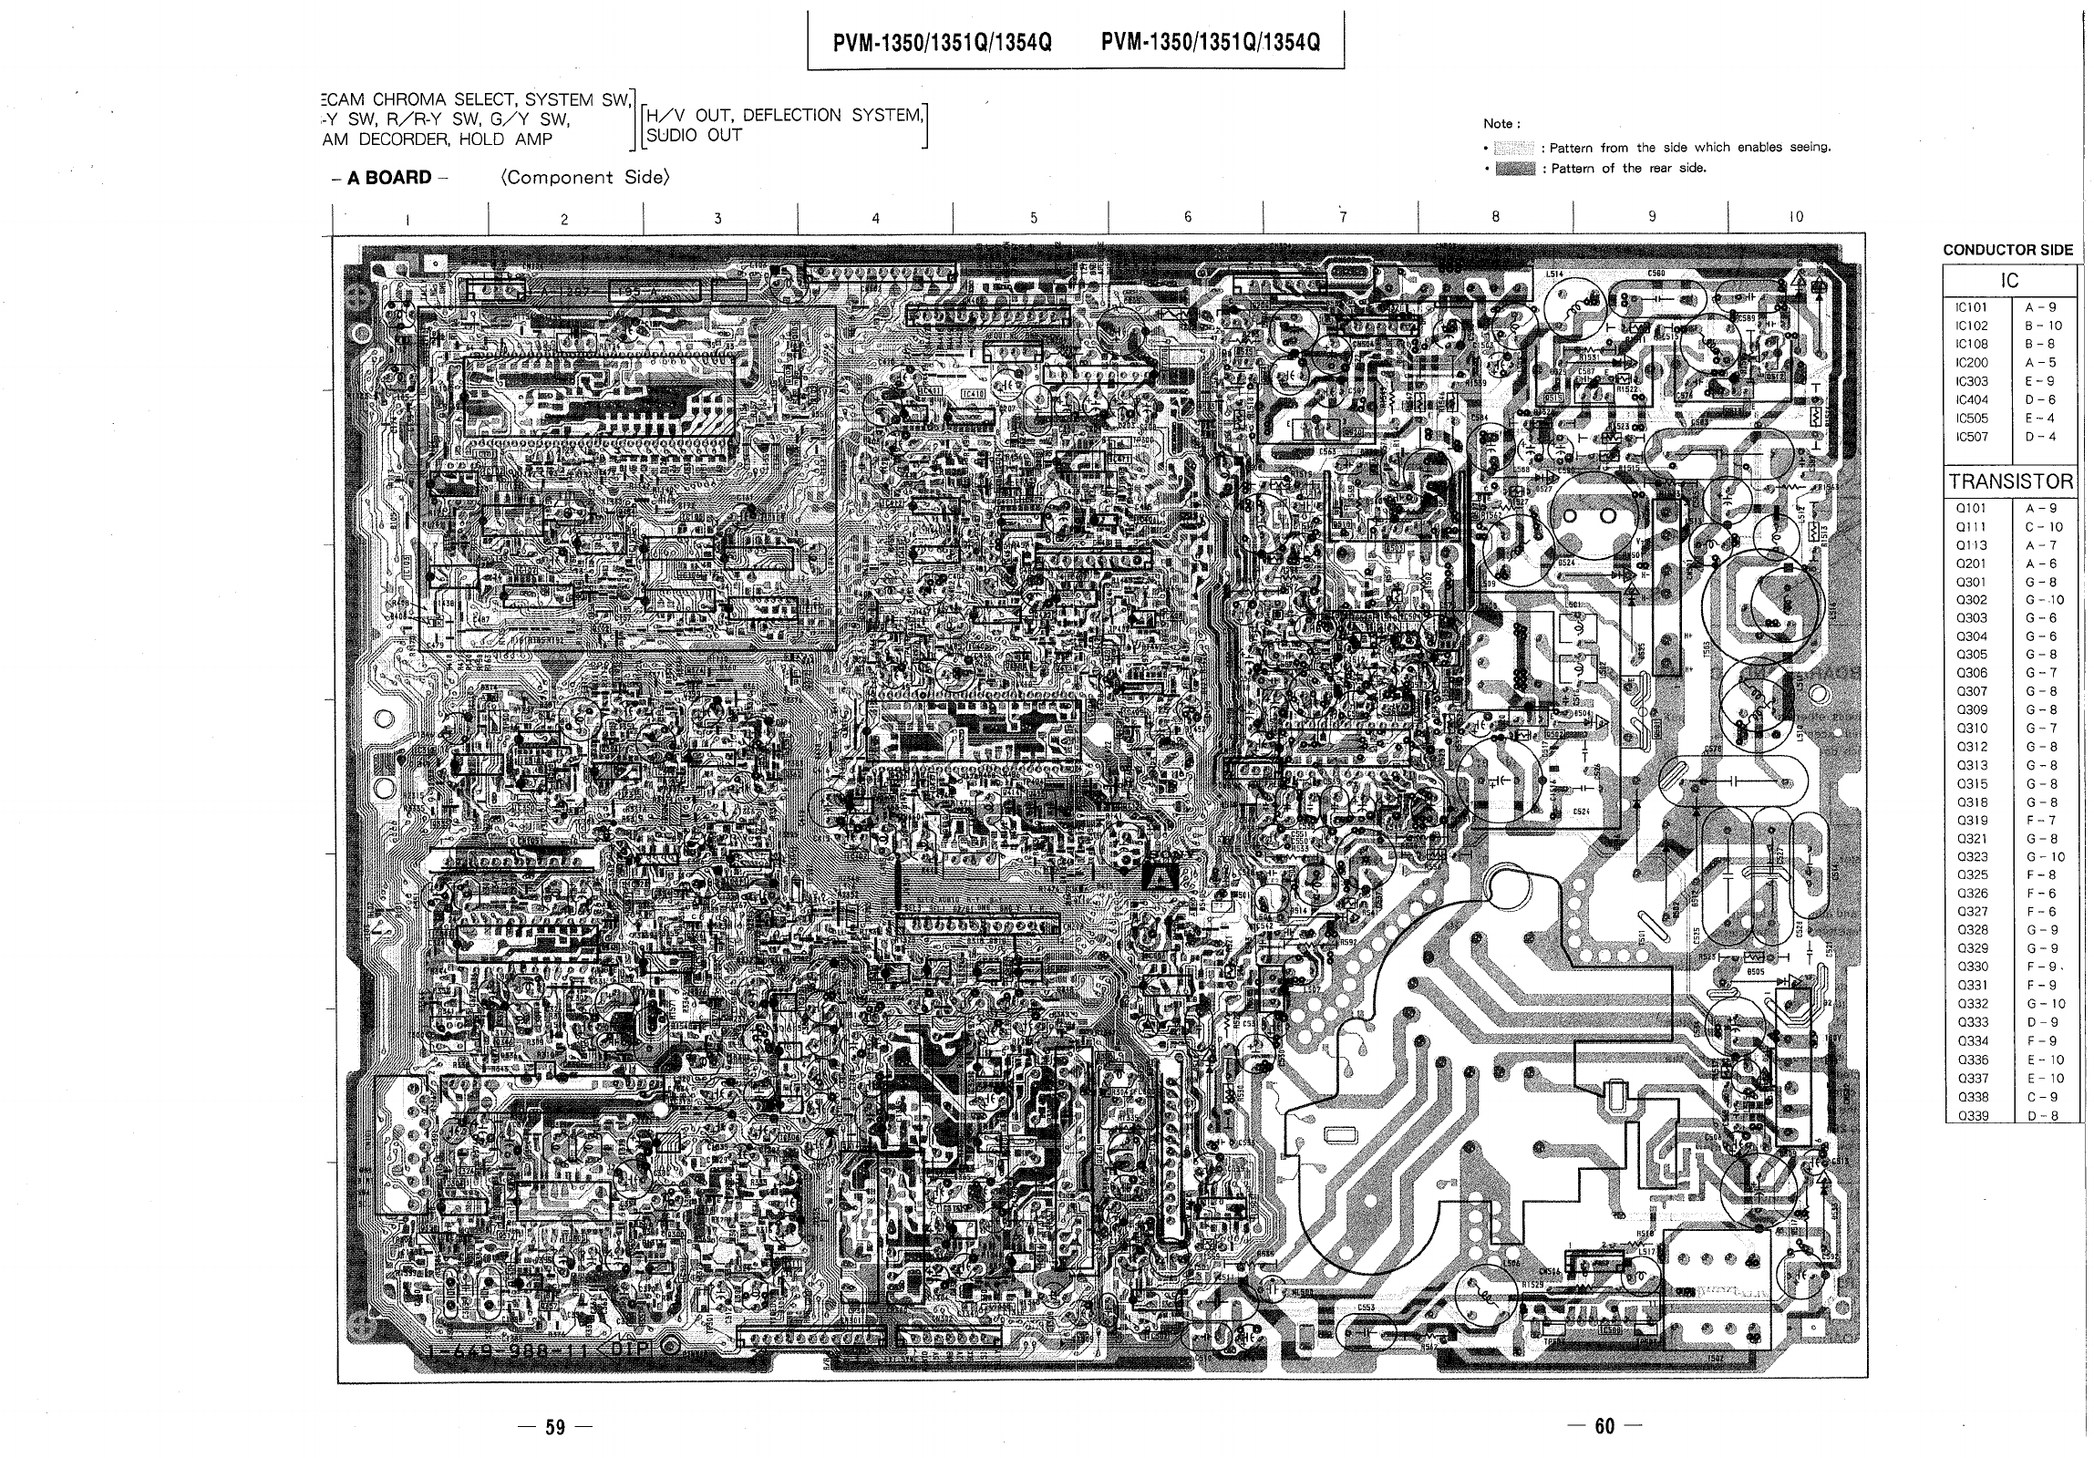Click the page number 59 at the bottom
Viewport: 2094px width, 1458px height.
point(554,1427)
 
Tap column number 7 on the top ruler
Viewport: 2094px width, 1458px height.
point(1343,217)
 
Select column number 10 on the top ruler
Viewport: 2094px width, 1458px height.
point(1795,217)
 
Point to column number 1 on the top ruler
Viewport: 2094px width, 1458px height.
point(407,219)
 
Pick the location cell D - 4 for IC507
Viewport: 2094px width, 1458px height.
point(2040,437)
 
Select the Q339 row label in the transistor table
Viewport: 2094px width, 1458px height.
point(1973,1115)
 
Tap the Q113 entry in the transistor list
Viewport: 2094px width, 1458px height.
point(1972,545)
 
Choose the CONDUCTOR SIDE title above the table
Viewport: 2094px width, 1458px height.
point(2007,250)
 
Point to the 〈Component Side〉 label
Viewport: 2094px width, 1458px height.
point(584,178)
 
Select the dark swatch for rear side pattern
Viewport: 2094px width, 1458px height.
point(1516,169)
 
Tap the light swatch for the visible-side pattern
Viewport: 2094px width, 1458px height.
point(1516,148)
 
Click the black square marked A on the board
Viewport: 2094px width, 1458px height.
point(1160,876)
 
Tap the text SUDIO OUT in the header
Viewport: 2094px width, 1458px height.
point(694,136)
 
